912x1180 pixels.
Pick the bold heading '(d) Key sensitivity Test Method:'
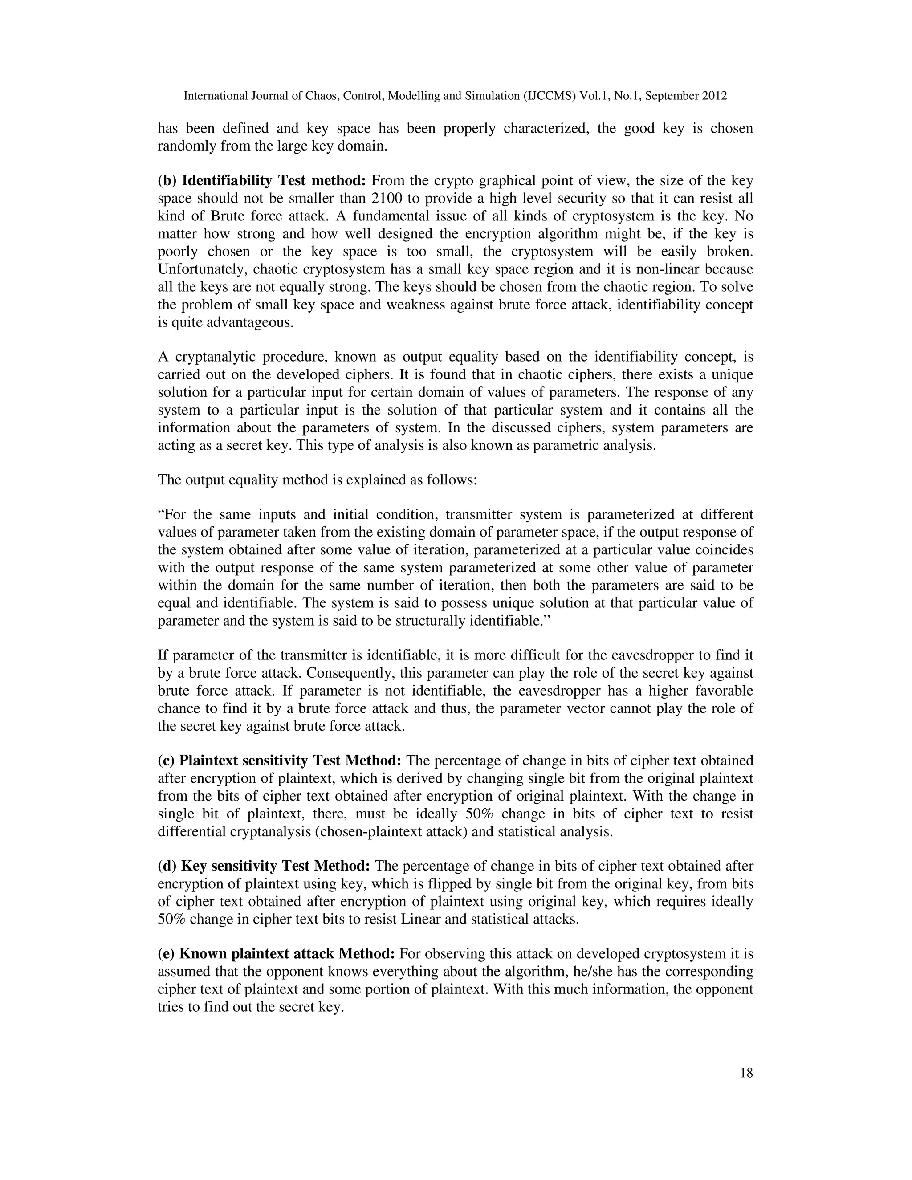click(264, 866)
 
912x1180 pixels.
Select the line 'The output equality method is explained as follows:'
click(318, 480)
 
